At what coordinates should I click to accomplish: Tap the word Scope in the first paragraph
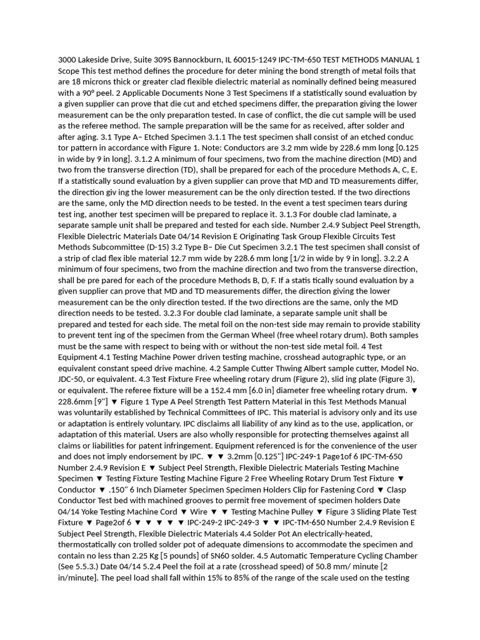click(x=70, y=71)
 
